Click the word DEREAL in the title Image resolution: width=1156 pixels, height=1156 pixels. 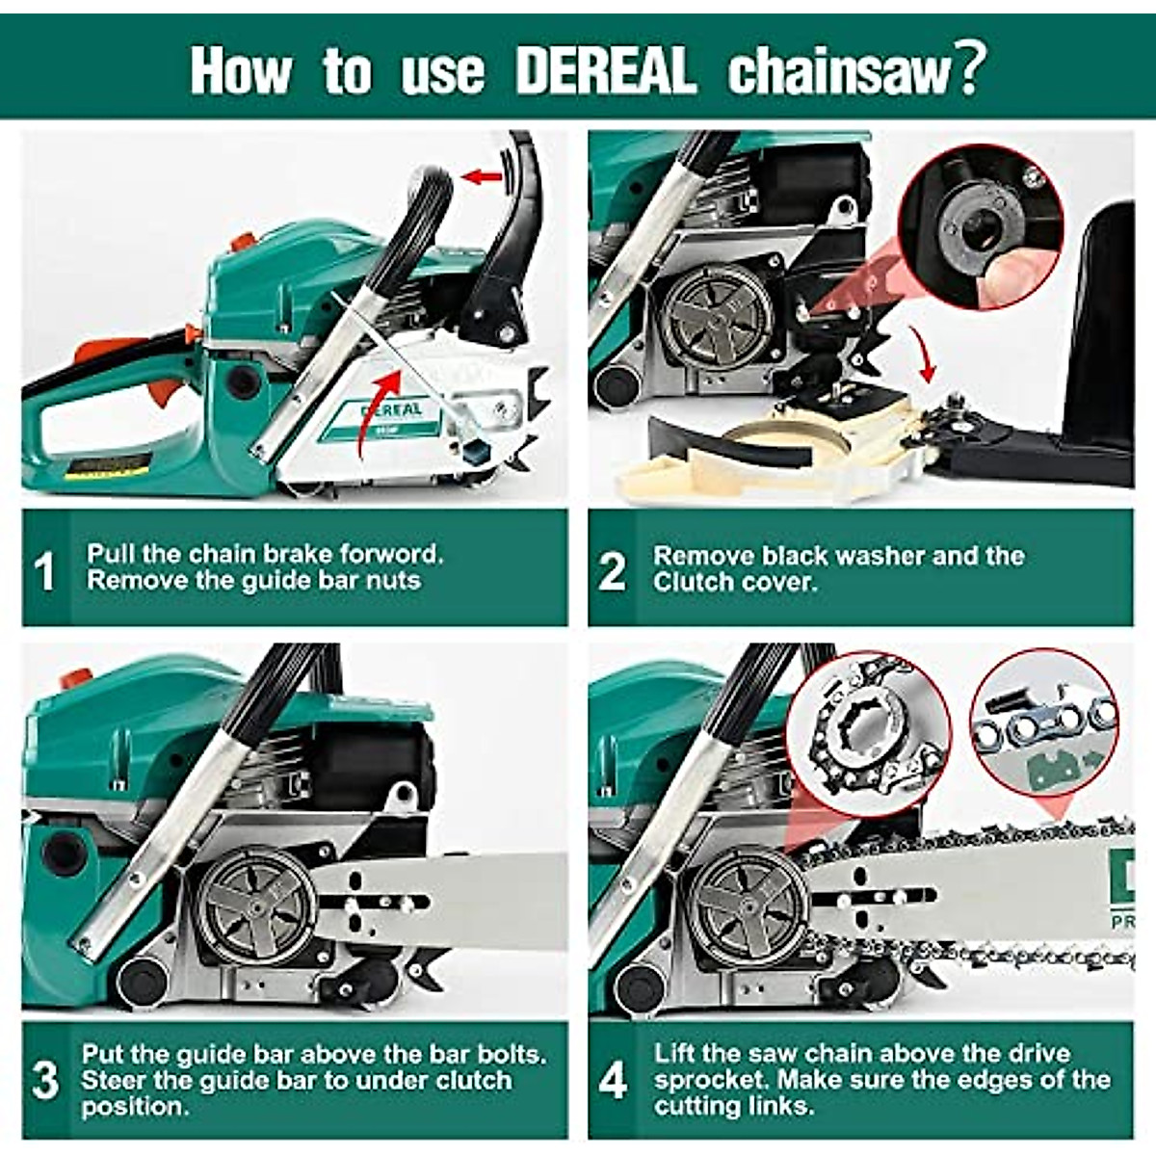[x=605, y=71]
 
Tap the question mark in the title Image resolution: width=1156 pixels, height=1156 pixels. [x=968, y=67]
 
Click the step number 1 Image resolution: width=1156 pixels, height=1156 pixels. [x=44, y=570]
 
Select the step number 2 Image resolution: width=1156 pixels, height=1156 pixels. [x=612, y=570]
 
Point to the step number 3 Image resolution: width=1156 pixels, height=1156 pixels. [x=45, y=1080]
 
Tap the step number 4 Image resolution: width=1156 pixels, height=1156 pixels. [x=613, y=1080]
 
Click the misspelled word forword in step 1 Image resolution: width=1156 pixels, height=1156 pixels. [x=390, y=554]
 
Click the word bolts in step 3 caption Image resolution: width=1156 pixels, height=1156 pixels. [x=502, y=1053]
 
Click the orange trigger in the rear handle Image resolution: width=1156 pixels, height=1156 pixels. [x=166, y=391]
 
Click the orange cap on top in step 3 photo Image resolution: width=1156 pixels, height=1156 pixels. [x=77, y=678]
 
